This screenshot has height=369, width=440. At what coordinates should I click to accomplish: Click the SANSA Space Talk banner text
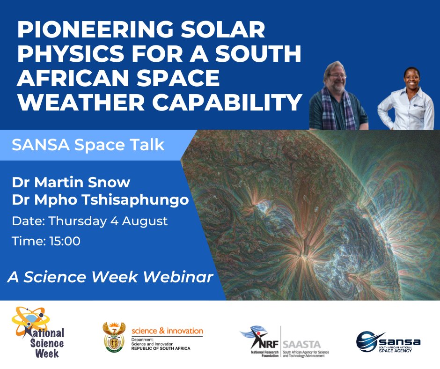coord(88,145)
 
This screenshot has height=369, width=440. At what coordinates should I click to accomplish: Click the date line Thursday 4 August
coord(89,221)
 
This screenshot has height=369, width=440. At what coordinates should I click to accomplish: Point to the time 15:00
coord(46,241)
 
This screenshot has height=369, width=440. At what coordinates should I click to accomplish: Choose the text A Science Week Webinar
coord(110,277)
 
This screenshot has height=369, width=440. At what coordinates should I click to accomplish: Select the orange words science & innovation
coord(167,331)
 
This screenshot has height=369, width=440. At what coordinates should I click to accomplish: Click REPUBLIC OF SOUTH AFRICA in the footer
coord(161,349)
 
